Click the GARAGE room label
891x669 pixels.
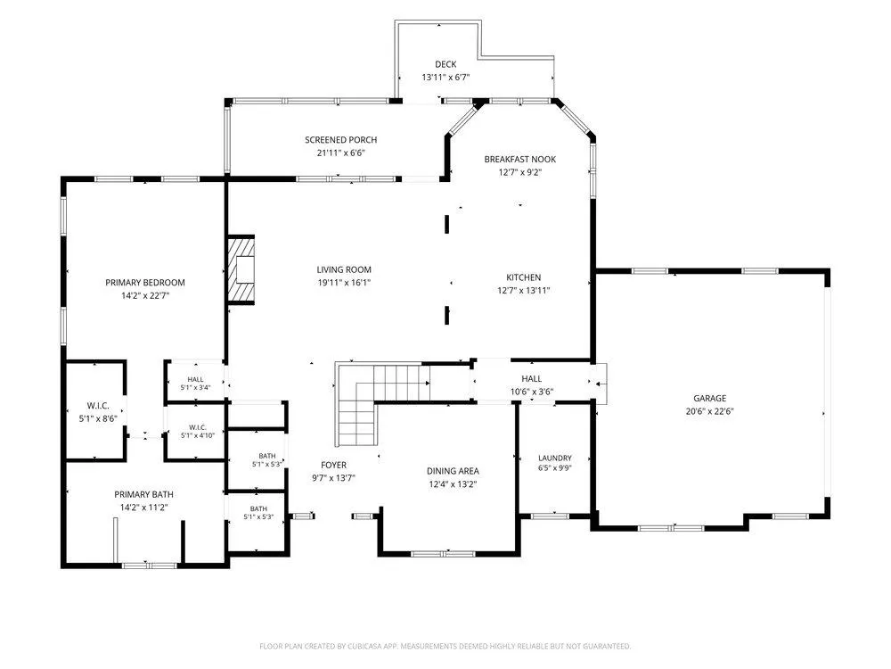pos(709,398)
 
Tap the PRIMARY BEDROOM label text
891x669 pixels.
pos(145,282)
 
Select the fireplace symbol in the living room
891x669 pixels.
pos(241,269)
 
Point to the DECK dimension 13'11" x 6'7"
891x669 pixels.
pos(445,78)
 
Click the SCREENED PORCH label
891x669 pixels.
pos(341,139)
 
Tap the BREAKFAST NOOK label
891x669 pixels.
pos(520,160)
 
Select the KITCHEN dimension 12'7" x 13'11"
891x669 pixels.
pos(523,291)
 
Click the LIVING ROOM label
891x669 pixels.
pos(344,269)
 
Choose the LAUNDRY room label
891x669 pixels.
pos(554,458)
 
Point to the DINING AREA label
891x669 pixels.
pos(453,471)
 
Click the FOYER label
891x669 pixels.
pos(333,465)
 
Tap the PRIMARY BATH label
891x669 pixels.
pos(143,494)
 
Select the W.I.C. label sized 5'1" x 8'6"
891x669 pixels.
pos(98,406)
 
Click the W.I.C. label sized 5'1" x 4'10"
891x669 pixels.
pos(198,427)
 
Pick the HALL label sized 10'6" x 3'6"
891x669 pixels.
pos(531,378)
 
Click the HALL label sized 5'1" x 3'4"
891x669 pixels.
pos(195,379)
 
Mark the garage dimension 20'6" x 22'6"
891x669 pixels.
pos(709,411)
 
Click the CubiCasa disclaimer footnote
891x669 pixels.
pos(445,646)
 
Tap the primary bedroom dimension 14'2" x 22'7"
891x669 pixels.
pos(145,296)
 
